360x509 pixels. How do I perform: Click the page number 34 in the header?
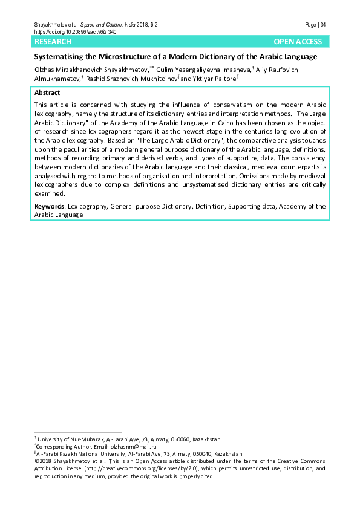[323, 25]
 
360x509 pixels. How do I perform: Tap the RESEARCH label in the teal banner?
[53, 42]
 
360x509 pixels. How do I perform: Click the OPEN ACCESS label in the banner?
[298, 42]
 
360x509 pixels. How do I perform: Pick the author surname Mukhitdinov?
[156, 79]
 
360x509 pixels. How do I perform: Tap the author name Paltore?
[223, 79]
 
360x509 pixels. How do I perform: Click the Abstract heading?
[47, 92]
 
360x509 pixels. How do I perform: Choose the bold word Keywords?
[50, 206]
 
